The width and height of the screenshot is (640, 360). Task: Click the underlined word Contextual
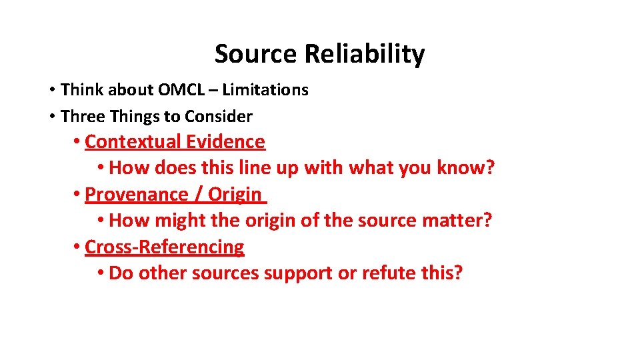pyautogui.click(x=133, y=142)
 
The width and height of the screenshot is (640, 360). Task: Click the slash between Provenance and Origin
pyautogui.click(x=198, y=195)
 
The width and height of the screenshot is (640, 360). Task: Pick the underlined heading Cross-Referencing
pyautogui.click(x=165, y=247)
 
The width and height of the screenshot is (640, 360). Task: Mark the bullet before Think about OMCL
pyautogui.click(x=51, y=90)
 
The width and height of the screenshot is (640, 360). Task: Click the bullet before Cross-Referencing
pyautogui.click(x=77, y=247)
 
